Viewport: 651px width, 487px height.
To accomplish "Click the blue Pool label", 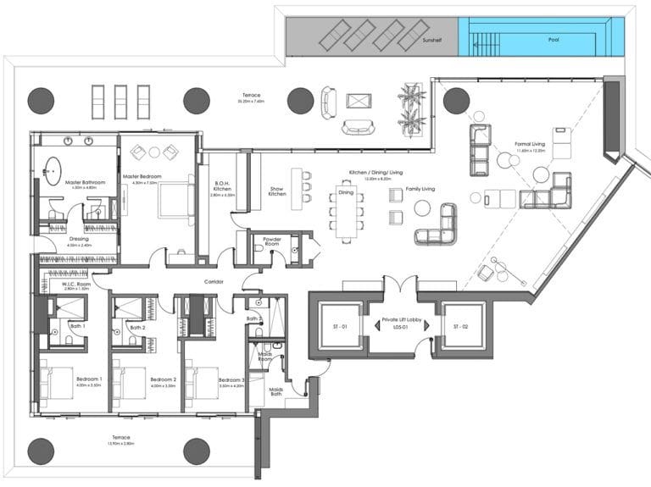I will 554,39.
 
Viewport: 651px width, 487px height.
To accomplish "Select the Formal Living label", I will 529,144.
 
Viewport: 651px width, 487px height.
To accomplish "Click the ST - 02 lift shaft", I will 460,326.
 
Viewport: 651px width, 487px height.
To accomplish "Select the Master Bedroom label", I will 142,177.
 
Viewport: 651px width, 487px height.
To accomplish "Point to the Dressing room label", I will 80,239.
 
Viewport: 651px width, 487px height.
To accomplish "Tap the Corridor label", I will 213,281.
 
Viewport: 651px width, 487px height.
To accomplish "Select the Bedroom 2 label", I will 162,379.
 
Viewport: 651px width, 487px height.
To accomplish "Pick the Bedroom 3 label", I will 231,379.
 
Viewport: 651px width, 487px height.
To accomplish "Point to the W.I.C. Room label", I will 78,284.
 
